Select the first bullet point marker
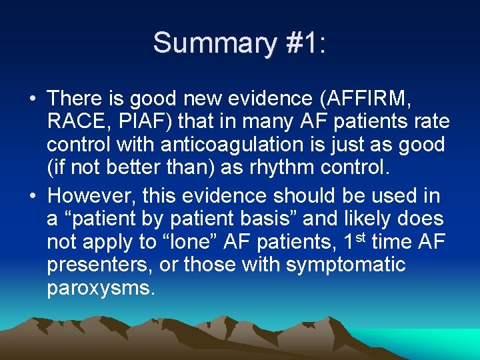[x=33, y=99]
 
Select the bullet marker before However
[x=33, y=197]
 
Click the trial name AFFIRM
[x=371, y=99]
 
